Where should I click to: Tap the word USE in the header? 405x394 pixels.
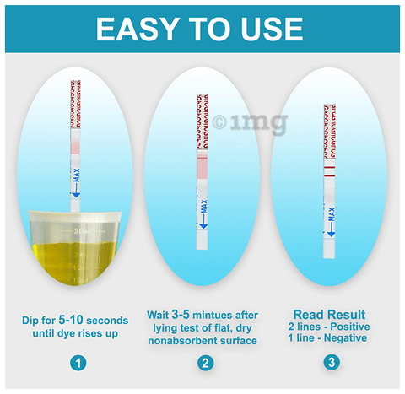click(272, 30)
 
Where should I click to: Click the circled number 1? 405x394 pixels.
click(78, 363)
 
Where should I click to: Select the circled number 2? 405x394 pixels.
click(205, 363)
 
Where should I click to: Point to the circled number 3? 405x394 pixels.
click(332, 362)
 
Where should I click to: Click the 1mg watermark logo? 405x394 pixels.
click(259, 123)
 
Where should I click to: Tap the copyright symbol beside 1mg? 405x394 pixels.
click(219, 122)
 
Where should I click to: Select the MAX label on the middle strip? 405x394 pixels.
click(204, 206)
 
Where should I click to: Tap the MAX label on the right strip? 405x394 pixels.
click(332, 214)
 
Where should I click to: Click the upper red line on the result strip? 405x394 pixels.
click(329, 168)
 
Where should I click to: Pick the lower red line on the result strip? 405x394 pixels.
click(329, 176)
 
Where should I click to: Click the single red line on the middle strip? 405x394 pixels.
click(202, 159)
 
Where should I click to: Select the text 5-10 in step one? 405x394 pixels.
click(71, 320)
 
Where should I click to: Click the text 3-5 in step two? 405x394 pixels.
click(181, 315)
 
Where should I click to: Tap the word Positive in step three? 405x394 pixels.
click(350, 327)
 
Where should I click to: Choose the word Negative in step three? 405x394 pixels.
click(345, 337)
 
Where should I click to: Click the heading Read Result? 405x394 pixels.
click(329, 315)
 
